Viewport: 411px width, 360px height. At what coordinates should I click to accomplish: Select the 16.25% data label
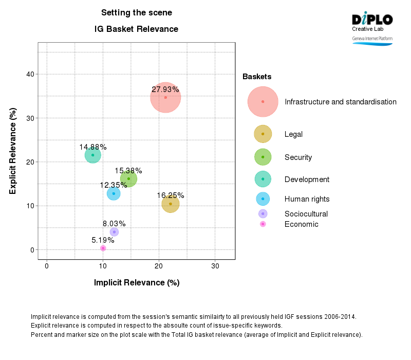(171, 195)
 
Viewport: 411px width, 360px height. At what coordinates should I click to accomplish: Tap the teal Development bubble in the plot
(92, 155)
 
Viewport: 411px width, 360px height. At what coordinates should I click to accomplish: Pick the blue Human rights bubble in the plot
(114, 193)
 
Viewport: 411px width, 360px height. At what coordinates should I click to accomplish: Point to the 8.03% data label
(114, 224)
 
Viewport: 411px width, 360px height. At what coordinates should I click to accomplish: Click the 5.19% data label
(103, 240)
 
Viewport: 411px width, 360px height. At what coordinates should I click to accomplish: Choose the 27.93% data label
(165, 89)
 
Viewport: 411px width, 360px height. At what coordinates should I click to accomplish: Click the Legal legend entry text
(293, 134)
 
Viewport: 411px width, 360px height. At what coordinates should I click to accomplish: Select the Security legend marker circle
(263, 157)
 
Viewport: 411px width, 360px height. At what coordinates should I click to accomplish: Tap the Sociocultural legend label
(306, 214)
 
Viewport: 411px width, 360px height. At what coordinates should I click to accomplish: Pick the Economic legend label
(301, 224)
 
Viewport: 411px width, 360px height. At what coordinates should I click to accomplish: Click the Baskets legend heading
(257, 77)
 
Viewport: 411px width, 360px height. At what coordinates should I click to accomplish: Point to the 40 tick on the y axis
(30, 74)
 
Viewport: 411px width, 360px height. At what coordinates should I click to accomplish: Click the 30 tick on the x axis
(215, 266)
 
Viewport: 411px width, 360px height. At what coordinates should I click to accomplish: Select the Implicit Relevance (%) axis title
(136, 283)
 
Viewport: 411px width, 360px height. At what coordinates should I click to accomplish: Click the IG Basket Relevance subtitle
(136, 29)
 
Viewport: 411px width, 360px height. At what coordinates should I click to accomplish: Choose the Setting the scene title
(136, 13)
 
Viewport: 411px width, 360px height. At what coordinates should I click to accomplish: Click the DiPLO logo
(372, 20)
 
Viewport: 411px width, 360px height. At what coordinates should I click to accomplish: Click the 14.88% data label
(93, 147)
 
